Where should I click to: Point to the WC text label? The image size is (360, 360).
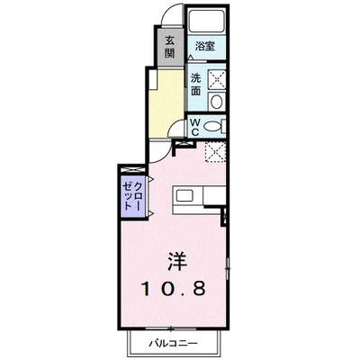(x=194, y=127)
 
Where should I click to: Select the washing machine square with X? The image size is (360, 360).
(x=216, y=78)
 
